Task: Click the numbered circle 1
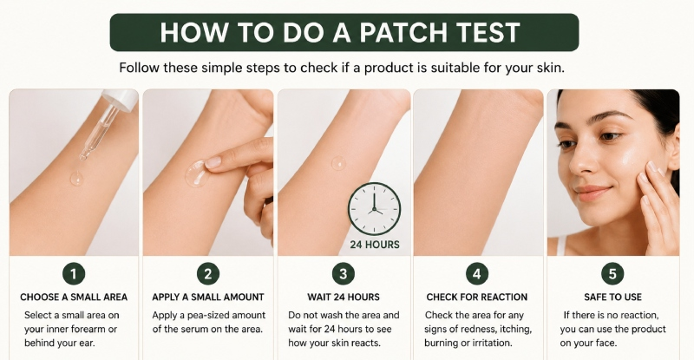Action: coord(74,274)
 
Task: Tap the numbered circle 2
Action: coord(208,274)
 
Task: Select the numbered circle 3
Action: coord(343,274)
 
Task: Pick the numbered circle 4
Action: coord(476,274)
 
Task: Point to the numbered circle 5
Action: coord(612,274)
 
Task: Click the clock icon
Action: coord(375,208)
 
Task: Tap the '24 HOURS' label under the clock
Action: coord(375,245)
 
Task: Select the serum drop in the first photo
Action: coord(76,178)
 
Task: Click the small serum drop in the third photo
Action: coord(339,163)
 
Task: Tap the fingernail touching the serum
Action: coord(213,162)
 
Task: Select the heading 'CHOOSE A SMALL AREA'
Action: coord(74,298)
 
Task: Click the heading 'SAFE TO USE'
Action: coord(612,298)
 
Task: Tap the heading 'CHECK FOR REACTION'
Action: coord(477,298)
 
